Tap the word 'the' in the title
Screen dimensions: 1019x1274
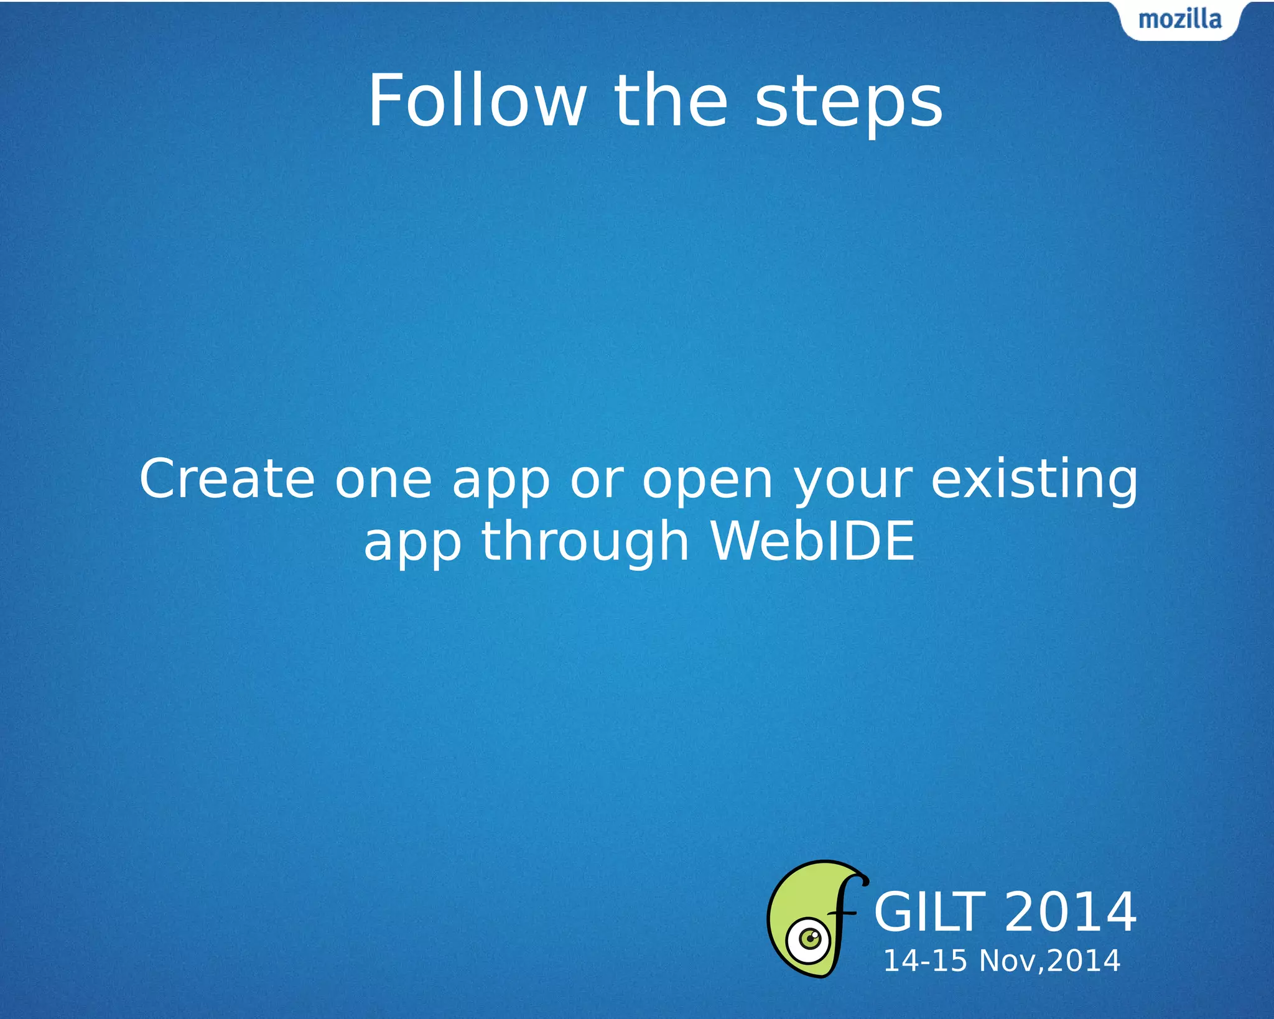[x=671, y=101]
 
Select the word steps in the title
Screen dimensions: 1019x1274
[x=849, y=103]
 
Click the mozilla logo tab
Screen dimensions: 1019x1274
[x=1180, y=20]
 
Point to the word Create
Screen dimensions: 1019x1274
[x=227, y=479]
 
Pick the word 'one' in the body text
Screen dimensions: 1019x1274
[x=383, y=480]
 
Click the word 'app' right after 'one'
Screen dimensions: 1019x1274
[x=501, y=483]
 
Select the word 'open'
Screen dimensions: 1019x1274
[x=707, y=483]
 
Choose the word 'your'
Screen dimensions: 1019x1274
[x=853, y=483]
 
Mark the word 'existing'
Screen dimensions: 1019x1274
[x=1034, y=480]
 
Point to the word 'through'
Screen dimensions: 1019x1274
[x=585, y=542]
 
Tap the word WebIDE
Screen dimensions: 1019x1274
[x=812, y=541]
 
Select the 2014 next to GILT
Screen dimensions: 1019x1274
[x=1070, y=912]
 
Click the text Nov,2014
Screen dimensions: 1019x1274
[x=1049, y=961]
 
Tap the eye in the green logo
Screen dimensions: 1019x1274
[x=809, y=939]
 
